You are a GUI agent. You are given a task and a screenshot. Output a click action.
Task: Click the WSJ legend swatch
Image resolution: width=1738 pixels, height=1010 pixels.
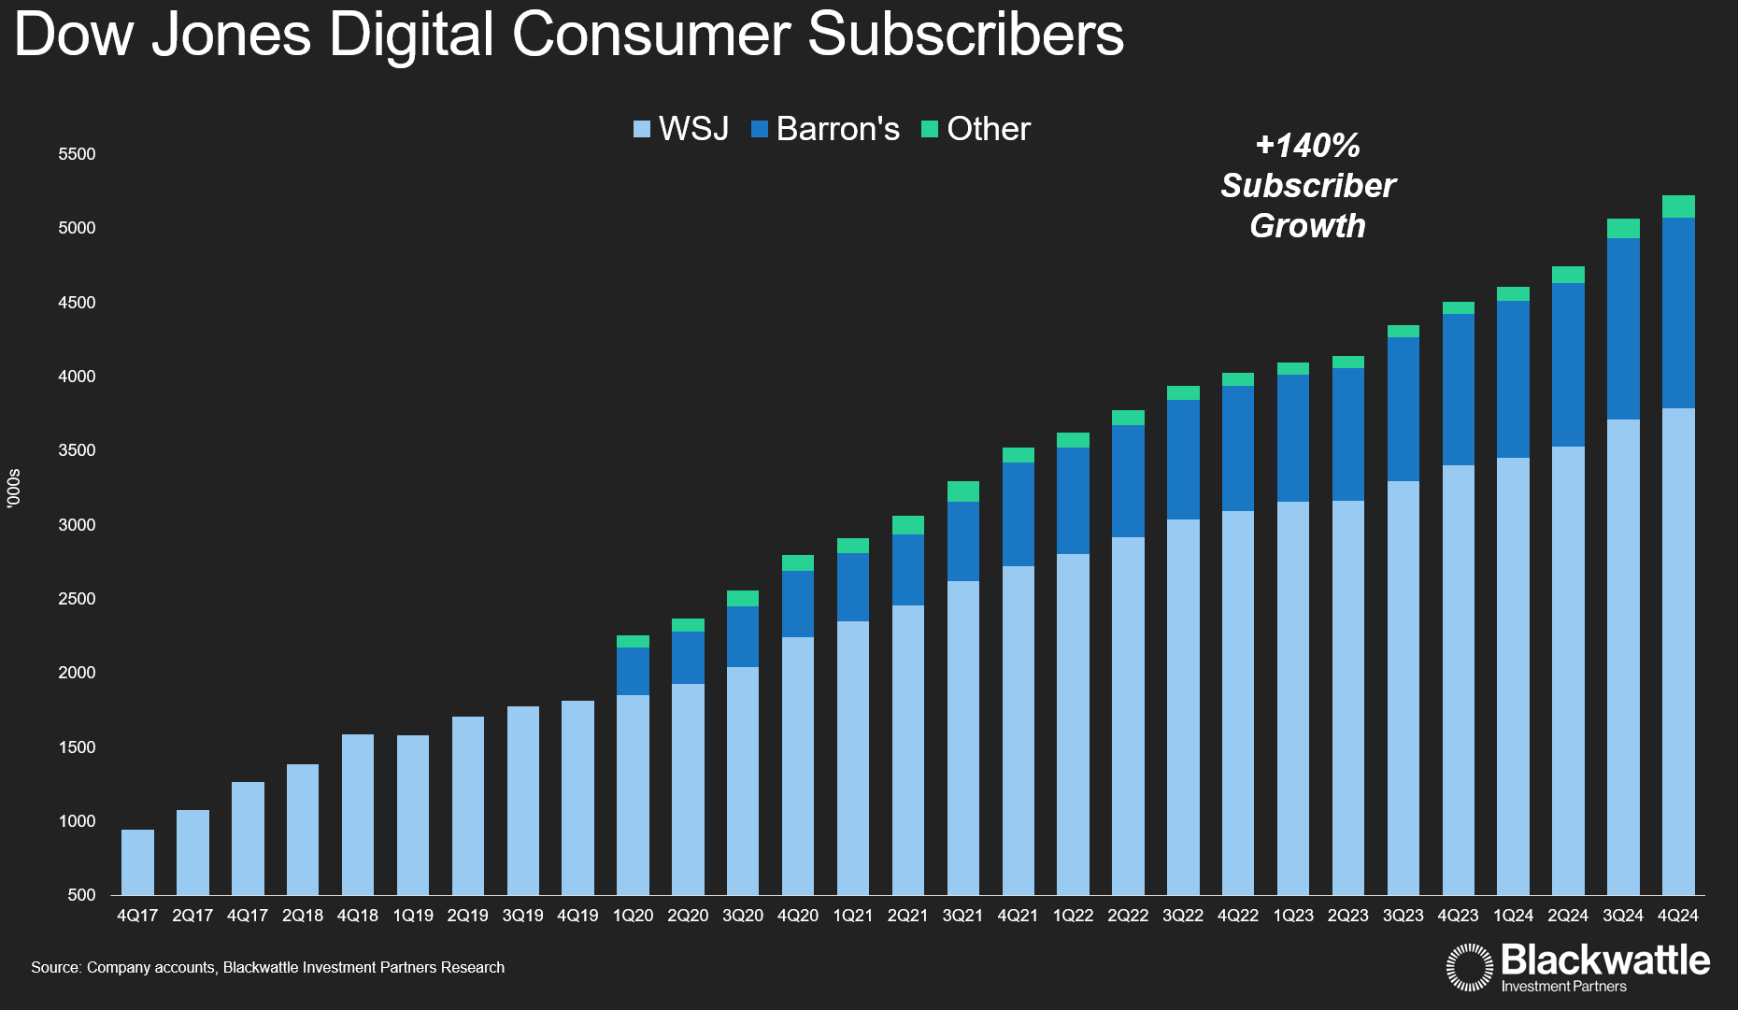pos(642,129)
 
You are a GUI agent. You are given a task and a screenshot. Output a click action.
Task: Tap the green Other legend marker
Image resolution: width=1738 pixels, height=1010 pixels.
pos(930,129)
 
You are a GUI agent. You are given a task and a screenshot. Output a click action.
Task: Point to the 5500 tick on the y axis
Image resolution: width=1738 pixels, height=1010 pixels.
pos(77,154)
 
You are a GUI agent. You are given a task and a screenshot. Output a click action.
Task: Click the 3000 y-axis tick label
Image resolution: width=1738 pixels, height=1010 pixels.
pos(77,525)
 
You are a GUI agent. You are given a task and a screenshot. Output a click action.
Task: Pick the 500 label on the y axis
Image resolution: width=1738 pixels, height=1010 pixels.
pos(81,895)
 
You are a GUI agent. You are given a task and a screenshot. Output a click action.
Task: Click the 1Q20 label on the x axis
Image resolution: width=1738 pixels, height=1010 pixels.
pos(633,916)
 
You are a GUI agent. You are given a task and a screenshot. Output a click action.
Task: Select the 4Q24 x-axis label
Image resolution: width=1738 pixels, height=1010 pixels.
pos(1677,916)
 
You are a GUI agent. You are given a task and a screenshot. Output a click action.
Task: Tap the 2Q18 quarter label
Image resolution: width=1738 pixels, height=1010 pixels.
pos(303,916)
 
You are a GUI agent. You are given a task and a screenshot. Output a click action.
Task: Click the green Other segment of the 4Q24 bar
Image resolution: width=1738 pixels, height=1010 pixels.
pos(1678,206)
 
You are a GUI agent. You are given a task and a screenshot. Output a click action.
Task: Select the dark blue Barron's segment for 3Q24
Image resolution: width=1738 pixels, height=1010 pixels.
pos(1623,328)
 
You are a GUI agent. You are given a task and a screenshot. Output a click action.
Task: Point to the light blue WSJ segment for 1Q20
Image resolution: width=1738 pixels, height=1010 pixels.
pos(633,794)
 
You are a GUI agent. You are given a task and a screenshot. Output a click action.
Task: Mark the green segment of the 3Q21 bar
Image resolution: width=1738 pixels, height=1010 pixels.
pos(962,491)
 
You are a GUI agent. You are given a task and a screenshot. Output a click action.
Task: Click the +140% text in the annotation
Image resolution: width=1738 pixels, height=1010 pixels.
pos(1307,146)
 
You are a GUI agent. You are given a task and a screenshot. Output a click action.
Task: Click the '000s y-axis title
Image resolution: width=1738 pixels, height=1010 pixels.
pos(13,489)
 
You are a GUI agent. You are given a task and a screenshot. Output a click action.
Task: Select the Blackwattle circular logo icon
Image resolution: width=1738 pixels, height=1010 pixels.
pos(1470,967)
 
